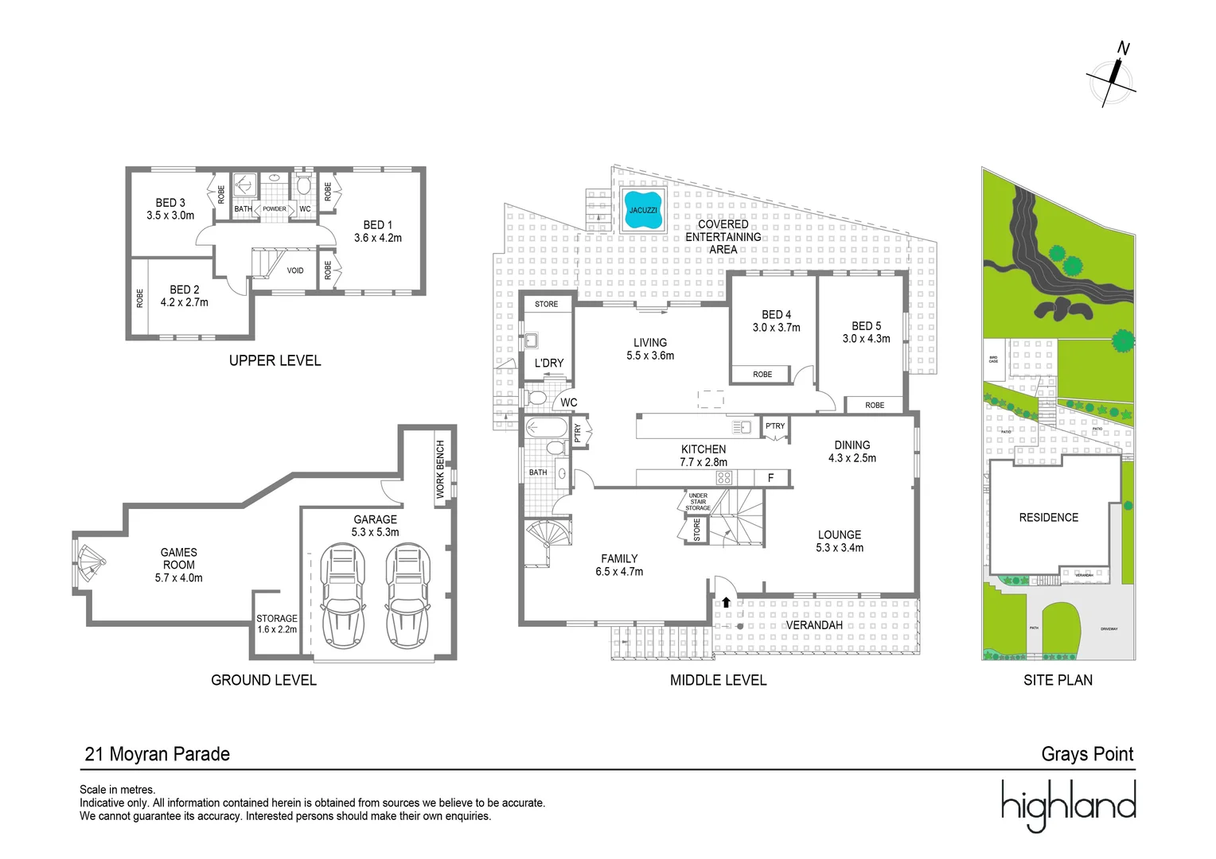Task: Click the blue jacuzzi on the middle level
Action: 643,210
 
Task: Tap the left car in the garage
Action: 342,596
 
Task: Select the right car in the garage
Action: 407,596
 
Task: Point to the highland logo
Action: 1068,805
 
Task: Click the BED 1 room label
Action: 378,231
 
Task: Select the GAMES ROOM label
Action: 179,565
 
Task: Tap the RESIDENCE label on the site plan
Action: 1048,518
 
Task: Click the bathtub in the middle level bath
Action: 546,428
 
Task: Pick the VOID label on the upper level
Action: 295,270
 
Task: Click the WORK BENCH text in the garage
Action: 440,469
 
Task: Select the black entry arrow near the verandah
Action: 726,602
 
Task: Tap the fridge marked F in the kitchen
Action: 770,478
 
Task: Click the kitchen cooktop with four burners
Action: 723,478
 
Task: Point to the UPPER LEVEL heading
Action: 275,360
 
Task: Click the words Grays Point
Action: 1087,754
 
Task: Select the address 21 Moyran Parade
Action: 158,754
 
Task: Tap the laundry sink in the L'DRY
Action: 531,341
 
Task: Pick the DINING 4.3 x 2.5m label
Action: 852,452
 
